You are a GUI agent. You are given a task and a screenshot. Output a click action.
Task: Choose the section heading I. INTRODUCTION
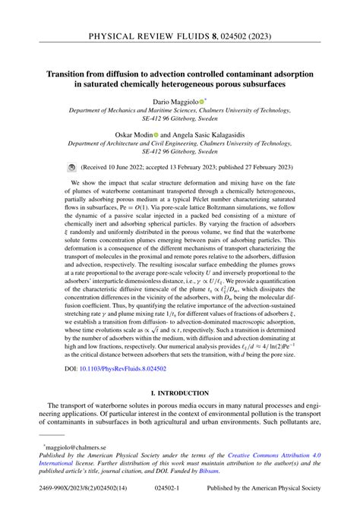point(180,393)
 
